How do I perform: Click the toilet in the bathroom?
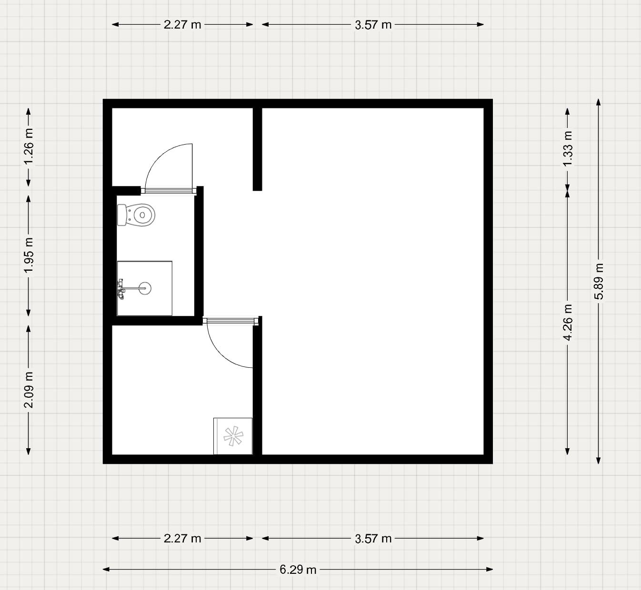click(136, 215)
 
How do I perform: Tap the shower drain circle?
click(145, 288)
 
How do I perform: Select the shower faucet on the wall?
click(121, 289)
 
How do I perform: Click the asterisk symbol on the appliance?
click(233, 436)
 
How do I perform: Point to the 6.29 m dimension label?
click(298, 569)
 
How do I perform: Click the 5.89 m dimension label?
click(599, 281)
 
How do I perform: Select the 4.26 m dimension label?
click(568, 323)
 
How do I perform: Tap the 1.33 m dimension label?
click(568, 149)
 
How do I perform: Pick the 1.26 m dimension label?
click(29, 147)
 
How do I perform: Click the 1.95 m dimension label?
click(29, 256)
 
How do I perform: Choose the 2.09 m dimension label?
click(29, 390)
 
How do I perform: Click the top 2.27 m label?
click(182, 25)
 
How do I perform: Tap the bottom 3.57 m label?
click(373, 539)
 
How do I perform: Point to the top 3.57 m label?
click(373, 25)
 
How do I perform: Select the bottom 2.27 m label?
click(182, 539)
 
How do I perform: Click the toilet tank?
click(122, 215)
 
